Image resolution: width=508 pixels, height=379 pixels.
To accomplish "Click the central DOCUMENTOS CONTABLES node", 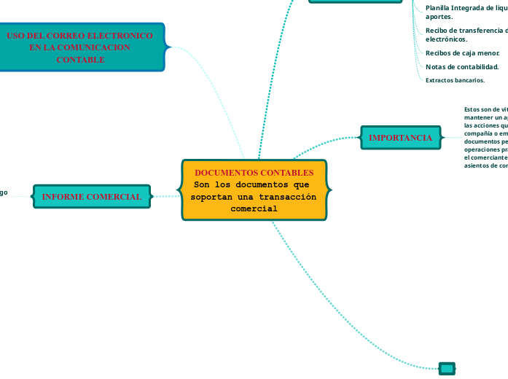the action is [x=254, y=190].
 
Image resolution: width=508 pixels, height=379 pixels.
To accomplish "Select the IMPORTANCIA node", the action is [x=400, y=137].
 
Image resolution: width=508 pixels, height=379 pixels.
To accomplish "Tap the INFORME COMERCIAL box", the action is [x=92, y=197].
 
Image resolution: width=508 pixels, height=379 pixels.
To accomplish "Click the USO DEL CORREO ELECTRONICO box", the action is [x=80, y=47].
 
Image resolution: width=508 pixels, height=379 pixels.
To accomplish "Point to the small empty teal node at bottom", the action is [x=447, y=369].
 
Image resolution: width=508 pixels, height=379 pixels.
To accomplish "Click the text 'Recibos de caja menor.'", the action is [x=463, y=53].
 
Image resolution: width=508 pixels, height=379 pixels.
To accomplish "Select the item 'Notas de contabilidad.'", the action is [x=462, y=67].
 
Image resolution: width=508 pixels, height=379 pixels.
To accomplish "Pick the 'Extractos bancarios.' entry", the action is [x=455, y=80].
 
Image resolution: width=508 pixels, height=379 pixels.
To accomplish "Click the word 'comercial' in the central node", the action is [x=254, y=208].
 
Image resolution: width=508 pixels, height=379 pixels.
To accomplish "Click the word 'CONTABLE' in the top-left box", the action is [x=80, y=60].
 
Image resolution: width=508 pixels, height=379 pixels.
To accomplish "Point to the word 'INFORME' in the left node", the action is [x=60, y=197].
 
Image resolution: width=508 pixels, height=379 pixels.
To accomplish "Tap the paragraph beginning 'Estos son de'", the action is [x=485, y=137].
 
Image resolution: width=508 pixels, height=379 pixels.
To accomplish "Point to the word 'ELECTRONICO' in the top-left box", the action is [x=122, y=36].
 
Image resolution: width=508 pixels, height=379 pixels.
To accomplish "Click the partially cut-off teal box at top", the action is [x=355, y=1].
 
